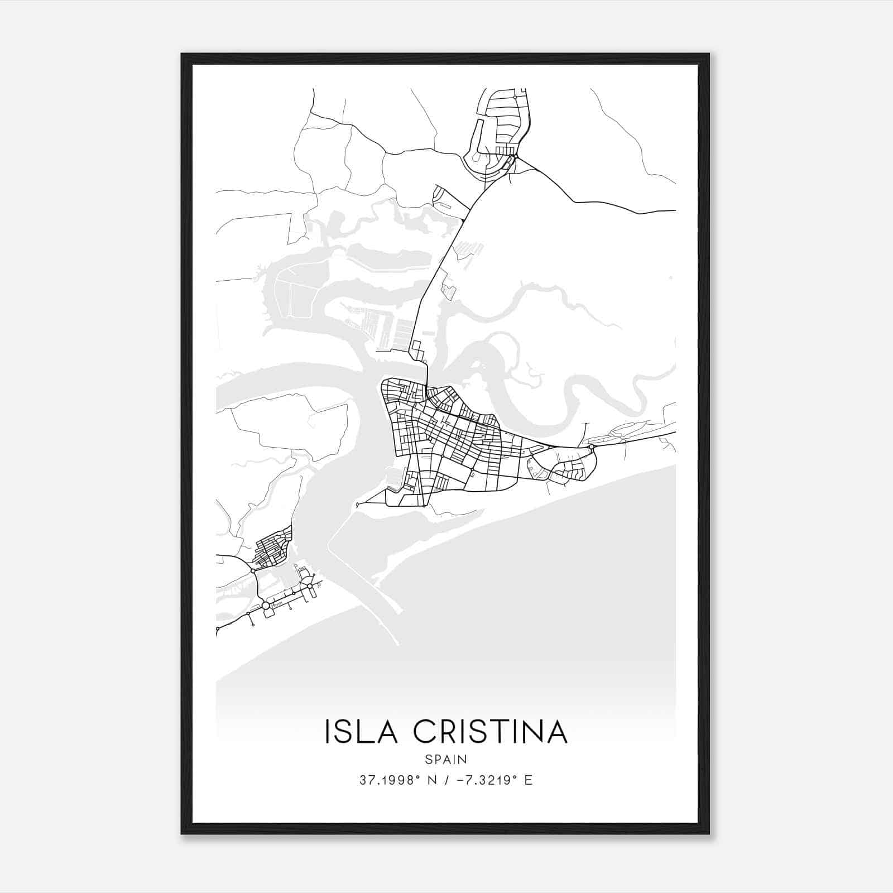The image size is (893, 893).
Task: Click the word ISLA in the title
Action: click(x=361, y=732)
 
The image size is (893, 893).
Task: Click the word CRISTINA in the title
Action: click(x=491, y=732)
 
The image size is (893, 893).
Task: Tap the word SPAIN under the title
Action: click(x=446, y=759)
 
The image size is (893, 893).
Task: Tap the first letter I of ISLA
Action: click(x=328, y=732)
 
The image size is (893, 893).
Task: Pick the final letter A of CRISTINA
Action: click(x=556, y=732)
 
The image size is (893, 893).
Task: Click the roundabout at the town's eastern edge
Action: click(x=591, y=447)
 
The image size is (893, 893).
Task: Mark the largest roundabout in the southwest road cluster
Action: click(x=266, y=605)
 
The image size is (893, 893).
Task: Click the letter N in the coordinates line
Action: click(x=430, y=780)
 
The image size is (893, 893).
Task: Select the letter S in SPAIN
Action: click(x=428, y=759)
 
